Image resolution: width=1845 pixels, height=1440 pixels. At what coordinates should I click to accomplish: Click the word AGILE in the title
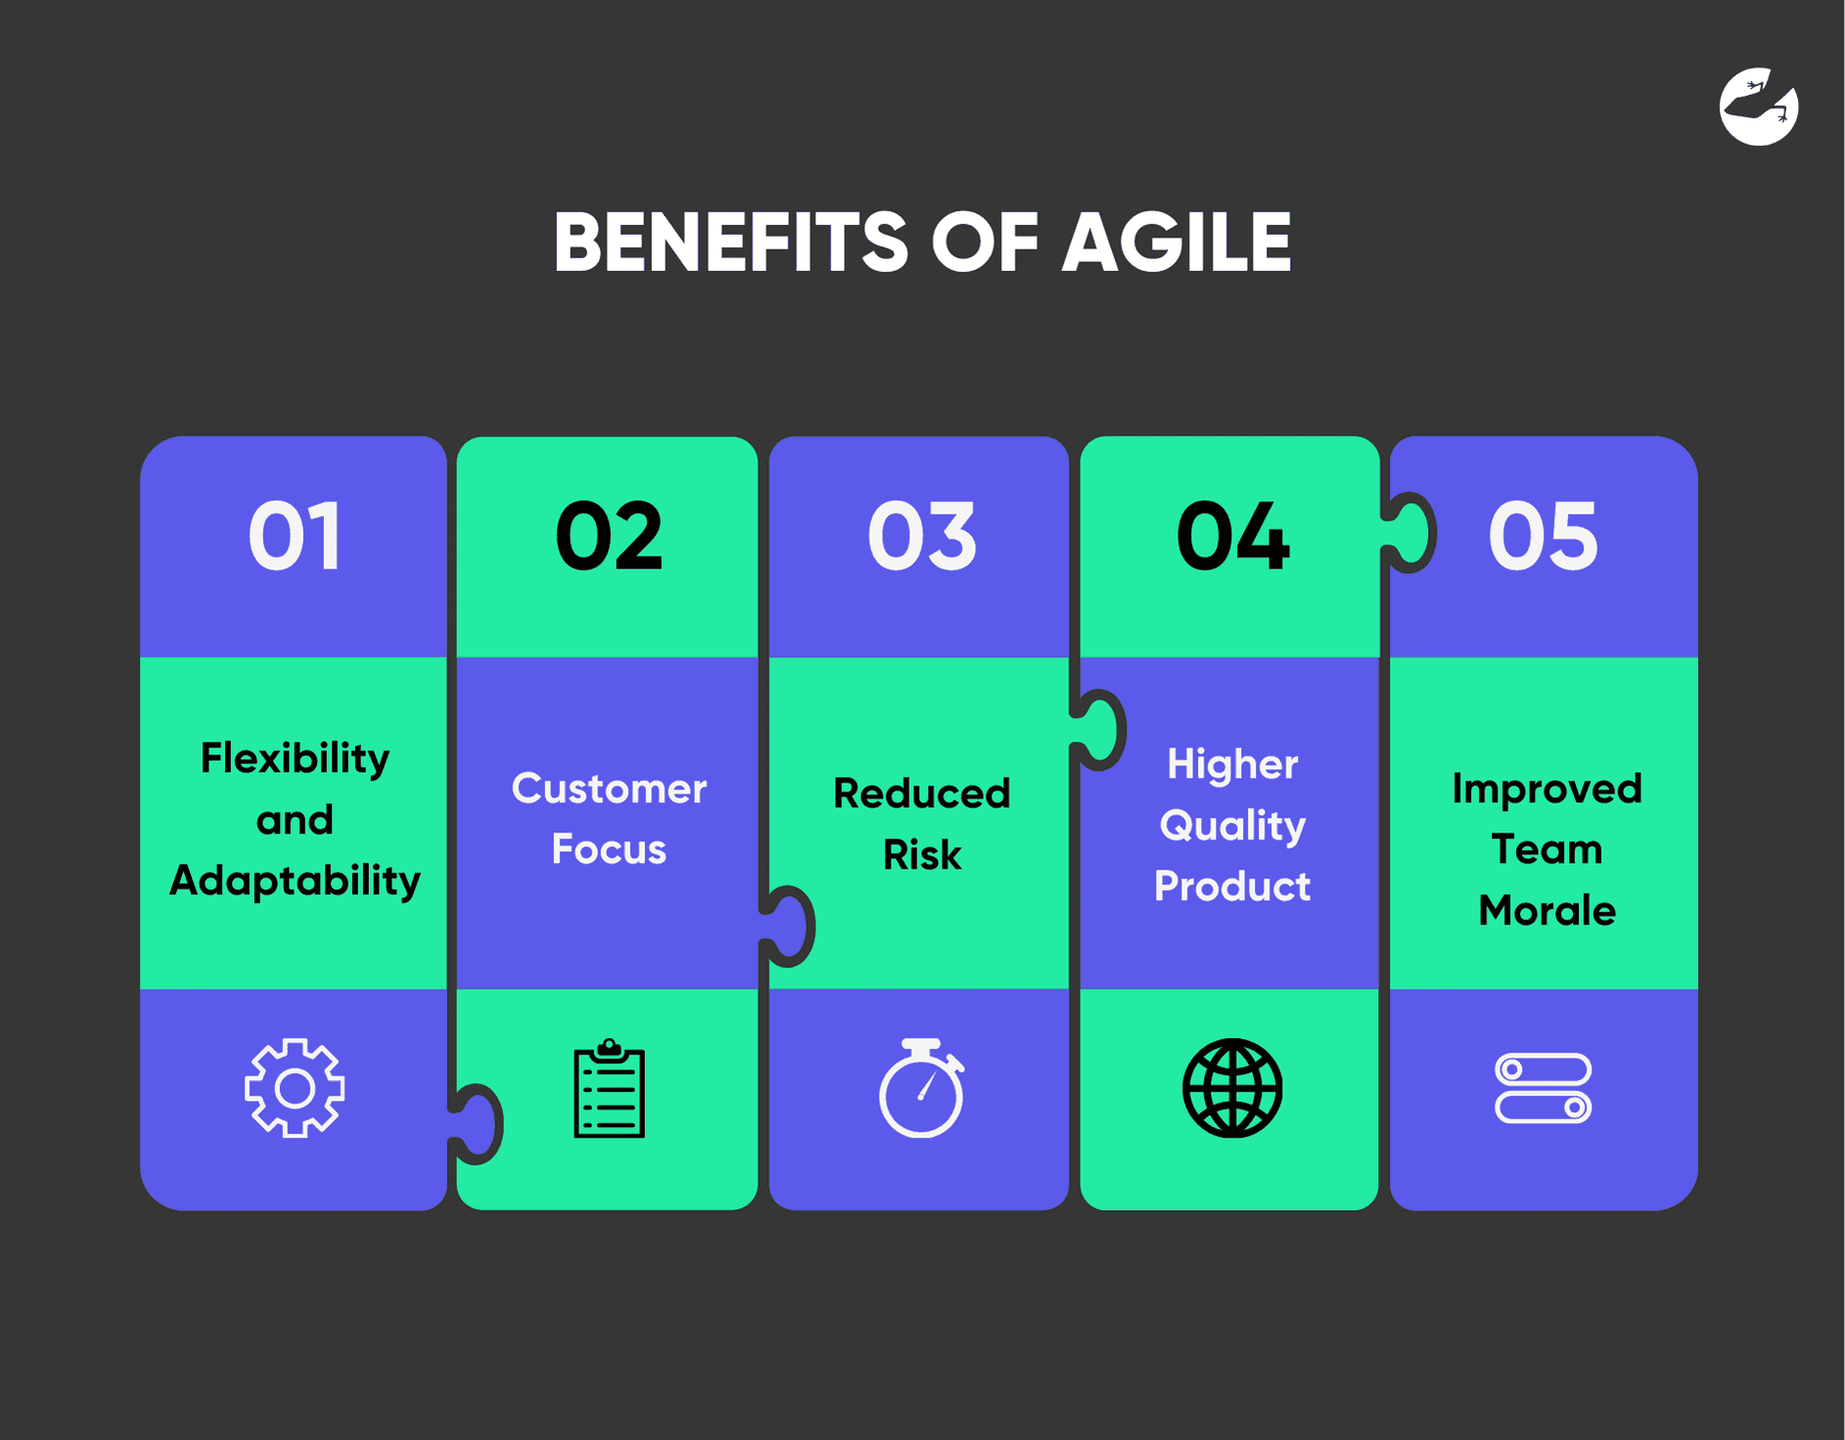click(x=1176, y=243)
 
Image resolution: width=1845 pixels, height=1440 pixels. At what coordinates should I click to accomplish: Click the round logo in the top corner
click(x=1759, y=107)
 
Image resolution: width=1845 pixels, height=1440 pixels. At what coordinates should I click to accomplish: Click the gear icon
click(x=295, y=1088)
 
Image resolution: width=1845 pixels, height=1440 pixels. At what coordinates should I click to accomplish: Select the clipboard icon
click(x=609, y=1089)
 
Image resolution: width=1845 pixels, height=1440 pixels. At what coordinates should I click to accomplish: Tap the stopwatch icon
click(x=922, y=1088)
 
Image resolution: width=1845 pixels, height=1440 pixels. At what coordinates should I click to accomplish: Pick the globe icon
click(x=1232, y=1088)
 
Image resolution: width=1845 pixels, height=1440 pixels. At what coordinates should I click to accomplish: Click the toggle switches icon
click(x=1544, y=1088)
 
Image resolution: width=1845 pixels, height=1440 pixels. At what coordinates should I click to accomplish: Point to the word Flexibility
click(x=295, y=759)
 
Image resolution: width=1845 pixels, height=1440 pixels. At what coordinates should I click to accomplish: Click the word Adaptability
click(x=295, y=881)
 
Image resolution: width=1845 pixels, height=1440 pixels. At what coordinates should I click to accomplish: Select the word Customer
click(x=609, y=788)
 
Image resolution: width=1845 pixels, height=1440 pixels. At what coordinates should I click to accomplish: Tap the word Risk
click(x=922, y=855)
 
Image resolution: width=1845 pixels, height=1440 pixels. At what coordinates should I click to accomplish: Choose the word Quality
click(x=1232, y=826)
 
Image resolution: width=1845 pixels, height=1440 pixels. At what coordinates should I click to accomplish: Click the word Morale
click(x=1546, y=911)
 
